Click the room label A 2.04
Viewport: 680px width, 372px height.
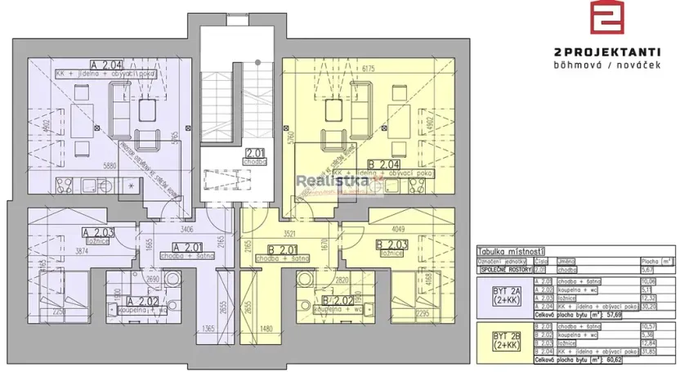pos(107,64)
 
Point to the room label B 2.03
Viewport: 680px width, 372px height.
pos(391,244)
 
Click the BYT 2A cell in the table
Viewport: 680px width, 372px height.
pos(501,293)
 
